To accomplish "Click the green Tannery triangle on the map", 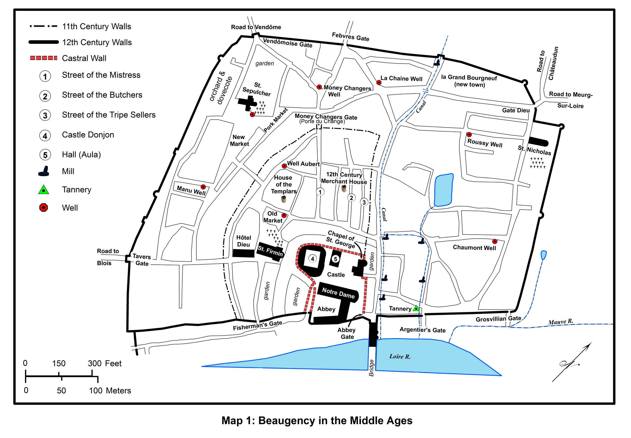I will point(416,308).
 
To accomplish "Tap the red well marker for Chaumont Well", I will point(495,241).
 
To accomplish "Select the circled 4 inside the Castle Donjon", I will point(312,259).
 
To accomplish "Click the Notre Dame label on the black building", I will point(338,293).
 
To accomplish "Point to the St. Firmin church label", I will point(270,251).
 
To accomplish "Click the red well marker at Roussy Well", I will point(469,134).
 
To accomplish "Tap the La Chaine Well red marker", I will point(379,82).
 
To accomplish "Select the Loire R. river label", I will point(400,357).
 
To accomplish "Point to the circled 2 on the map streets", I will point(351,198).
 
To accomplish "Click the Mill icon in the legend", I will point(44,171).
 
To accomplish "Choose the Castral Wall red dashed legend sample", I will point(44,58).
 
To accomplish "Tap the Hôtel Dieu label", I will point(244,241).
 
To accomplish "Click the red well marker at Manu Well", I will point(203,187).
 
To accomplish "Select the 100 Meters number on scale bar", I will point(95,391).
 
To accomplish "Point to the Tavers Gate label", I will point(142,260).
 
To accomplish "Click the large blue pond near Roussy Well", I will point(443,190).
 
